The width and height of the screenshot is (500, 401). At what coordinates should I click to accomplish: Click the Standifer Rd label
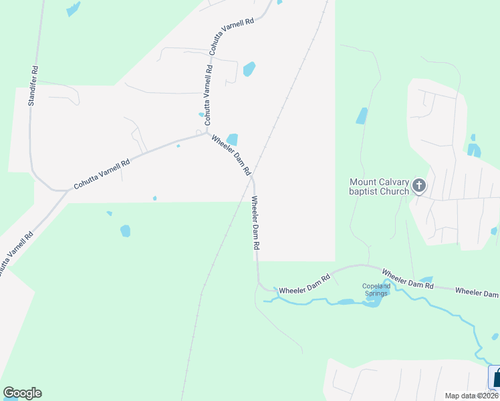pyautogui.click(x=31, y=86)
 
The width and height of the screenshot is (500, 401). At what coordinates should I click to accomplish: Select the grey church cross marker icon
pyautogui.click(x=419, y=185)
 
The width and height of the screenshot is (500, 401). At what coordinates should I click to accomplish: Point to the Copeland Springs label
pyautogui.click(x=376, y=289)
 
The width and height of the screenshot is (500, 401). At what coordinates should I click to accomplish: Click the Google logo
pyautogui.click(x=22, y=393)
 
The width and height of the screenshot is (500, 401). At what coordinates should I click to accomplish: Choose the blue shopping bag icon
pyautogui.click(x=495, y=378)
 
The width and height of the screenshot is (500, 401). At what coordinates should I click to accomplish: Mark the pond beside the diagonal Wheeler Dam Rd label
pyautogui.click(x=233, y=139)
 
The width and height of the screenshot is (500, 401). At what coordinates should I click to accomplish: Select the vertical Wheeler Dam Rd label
pyautogui.click(x=255, y=223)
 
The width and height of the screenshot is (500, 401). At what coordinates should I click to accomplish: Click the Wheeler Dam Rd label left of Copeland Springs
pyautogui.click(x=305, y=285)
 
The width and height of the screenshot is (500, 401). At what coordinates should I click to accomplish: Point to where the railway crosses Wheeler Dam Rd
pyautogui.click(x=252, y=177)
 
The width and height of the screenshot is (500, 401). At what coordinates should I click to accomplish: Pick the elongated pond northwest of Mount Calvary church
pyautogui.click(x=362, y=116)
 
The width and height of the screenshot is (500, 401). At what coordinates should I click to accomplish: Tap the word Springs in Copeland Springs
pyautogui.click(x=376, y=293)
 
